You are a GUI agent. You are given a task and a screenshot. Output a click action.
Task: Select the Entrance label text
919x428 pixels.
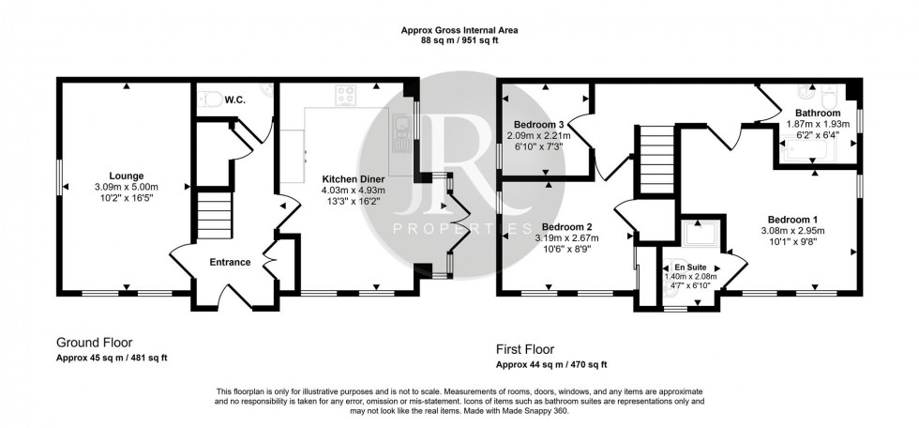(x=231, y=262)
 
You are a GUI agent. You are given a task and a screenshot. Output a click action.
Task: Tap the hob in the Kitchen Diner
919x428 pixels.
(x=347, y=94)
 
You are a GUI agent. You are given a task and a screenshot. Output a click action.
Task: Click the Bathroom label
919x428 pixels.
(x=816, y=112)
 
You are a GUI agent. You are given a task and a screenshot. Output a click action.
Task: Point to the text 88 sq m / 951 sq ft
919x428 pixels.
(x=459, y=40)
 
